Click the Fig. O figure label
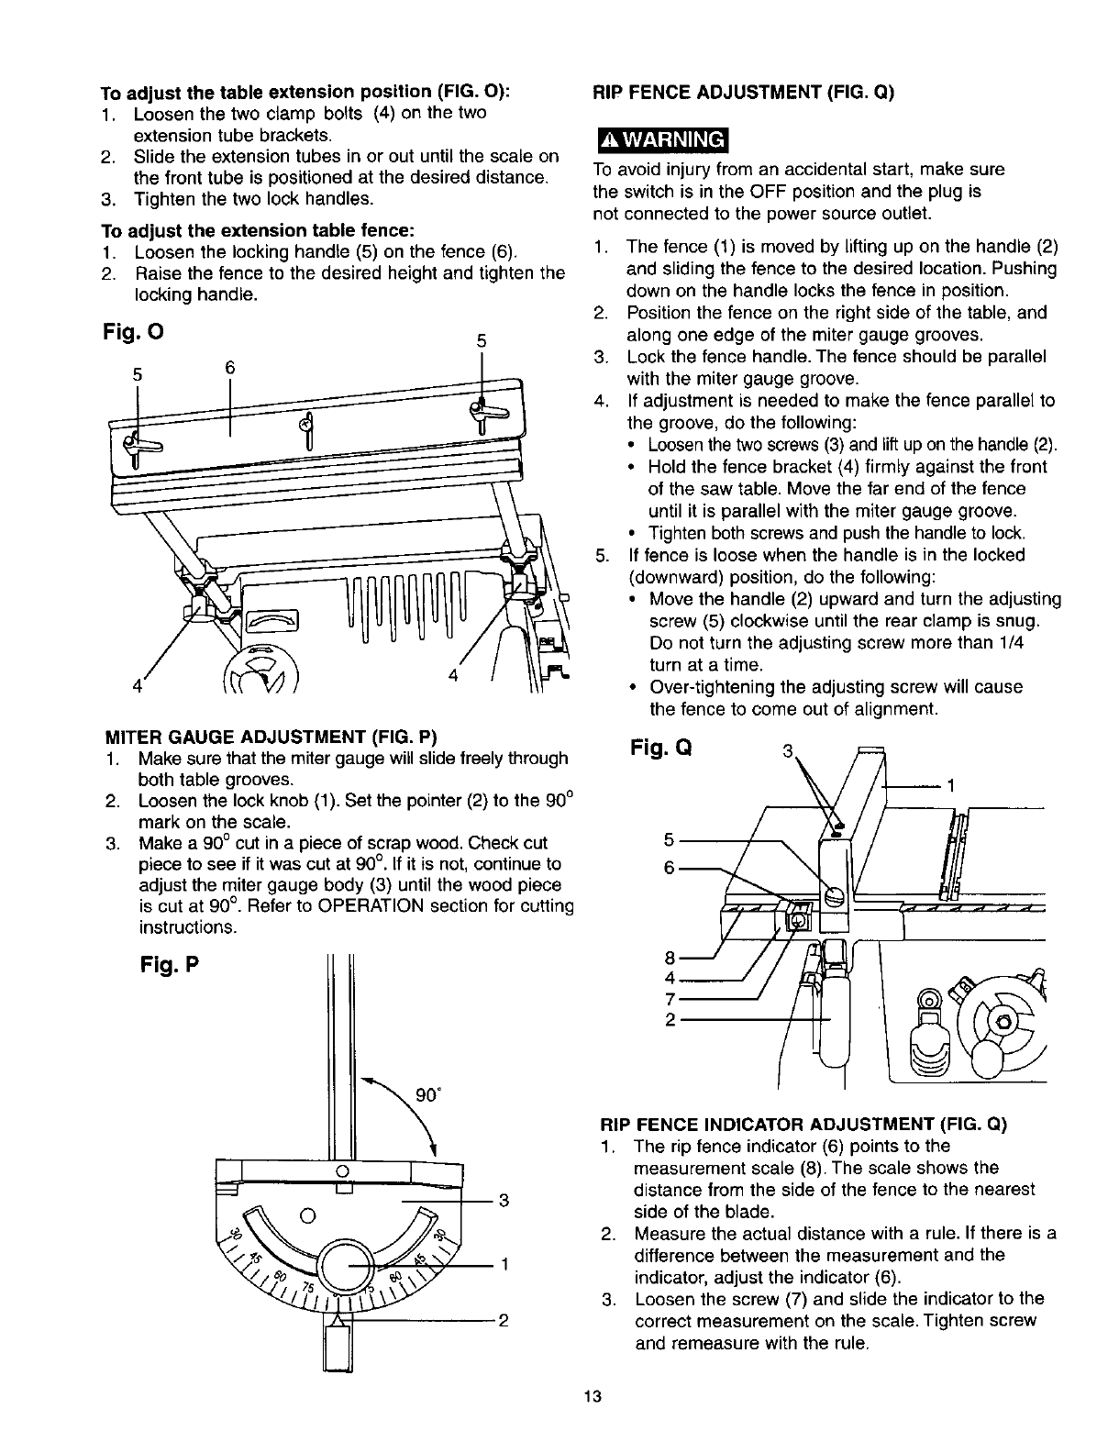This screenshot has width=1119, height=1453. pyautogui.click(x=132, y=329)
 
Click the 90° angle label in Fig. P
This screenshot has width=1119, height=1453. pyautogui.click(x=427, y=1095)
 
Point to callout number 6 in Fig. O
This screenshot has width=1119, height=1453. pyautogui.click(x=230, y=367)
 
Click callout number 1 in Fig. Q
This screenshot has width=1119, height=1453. pyautogui.click(x=951, y=786)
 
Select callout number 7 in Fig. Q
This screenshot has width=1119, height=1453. pyautogui.click(x=670, y=998)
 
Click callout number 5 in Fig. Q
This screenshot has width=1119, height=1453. pyautogui.click(x=669, y=838)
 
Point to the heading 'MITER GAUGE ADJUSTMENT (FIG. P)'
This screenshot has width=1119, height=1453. pyautogui.click(x=272, y=736)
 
